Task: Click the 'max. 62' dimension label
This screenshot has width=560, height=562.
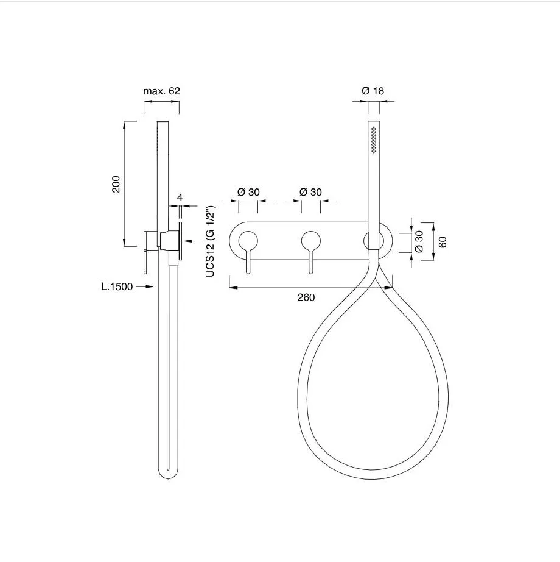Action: pyautogui.click(x=161, y=91)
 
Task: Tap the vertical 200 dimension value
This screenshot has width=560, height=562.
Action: pyautogui.click(x=116, y=184)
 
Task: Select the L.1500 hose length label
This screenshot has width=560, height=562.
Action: pyautogui.click(x=117, y=286)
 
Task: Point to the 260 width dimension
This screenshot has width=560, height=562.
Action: pyautogui.click(x=306, y=297)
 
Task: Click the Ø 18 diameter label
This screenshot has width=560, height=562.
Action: pyautogui.click(x=373, y=91)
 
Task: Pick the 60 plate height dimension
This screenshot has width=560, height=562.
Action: pyautogui.click(x=443, y=242)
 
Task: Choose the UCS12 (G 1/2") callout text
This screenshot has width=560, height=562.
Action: pyautogui.click(x=211, y=241)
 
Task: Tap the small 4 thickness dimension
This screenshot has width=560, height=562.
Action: pyautogui.click(x=180, y=197)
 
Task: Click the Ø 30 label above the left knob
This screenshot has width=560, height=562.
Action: pyautogui.click(x=249, y=192)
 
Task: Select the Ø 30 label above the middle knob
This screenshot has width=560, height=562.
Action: pyautogui.click(x=310, y=192)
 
